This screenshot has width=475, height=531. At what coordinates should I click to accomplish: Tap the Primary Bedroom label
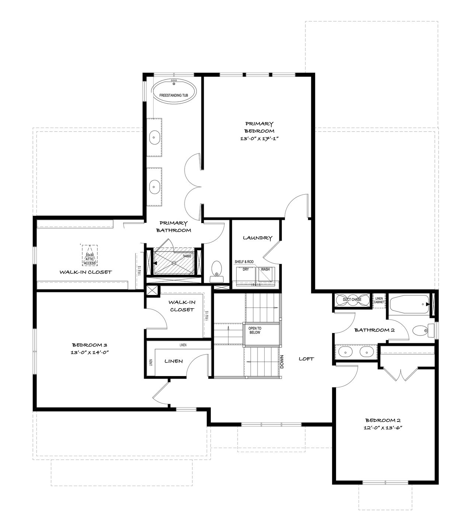click(x=259, y=127)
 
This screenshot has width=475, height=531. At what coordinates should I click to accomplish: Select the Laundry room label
click(x=258, y=238)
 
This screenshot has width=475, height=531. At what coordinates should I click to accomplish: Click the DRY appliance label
click(x=246, y=269)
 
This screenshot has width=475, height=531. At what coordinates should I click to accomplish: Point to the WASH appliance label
click(x=265, y=269)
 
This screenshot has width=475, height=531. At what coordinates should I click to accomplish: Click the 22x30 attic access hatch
click(x=90, y=255)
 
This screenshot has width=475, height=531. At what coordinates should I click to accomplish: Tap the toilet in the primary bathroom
click(x=217, y=271)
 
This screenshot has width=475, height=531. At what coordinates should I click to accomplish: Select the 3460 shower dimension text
click(x=187, y=256)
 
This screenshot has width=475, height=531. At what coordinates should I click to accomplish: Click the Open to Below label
click(x=255, y=330)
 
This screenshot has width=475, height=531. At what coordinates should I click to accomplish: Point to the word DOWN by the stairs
click(x=282, y=362)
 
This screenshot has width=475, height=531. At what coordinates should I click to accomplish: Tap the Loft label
click(x=306, y=359)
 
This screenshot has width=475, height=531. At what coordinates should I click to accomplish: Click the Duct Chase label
click(x=352, y=299)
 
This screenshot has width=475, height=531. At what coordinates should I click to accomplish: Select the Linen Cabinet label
click(x=379, y=301)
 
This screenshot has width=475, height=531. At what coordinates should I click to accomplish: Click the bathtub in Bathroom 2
click(x=409, y=305)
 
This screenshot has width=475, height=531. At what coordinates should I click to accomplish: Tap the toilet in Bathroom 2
click(x=424, y=331)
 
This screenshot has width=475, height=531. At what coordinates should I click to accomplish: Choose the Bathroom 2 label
click(x=374, y=330)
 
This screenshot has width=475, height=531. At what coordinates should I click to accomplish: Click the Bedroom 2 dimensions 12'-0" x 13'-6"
click(x=383, y=428)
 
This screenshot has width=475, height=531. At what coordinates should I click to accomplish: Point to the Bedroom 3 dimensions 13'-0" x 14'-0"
click(x=90, y=353)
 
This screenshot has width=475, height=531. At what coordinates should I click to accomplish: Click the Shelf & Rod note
click(x=244, y=261)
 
